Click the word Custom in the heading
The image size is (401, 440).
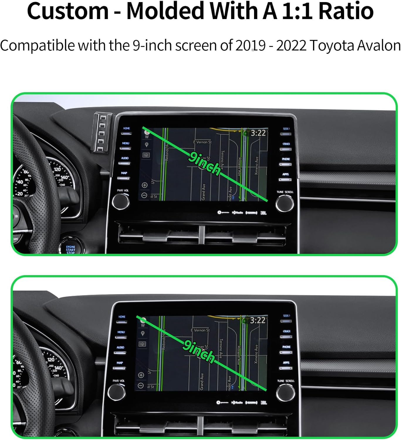tap(68, 11)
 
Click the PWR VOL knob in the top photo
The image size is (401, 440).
tap(121, 202)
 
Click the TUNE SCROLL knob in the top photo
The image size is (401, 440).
tap(284, 203)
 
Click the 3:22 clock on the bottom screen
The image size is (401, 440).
tap(258, 320)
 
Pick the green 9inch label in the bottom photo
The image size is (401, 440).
tap(199, 351)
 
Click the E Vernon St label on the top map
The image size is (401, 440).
tap(202, 142)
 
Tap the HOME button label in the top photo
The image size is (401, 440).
tap(126, 128)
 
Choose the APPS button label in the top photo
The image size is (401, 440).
tap(286, 174)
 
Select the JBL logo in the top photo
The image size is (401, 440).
tap(263, 213)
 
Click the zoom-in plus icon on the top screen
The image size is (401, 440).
tap(144, 185)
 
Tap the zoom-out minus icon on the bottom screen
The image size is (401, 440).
tap(141, 385)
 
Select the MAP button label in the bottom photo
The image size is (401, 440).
tap(120, 363)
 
